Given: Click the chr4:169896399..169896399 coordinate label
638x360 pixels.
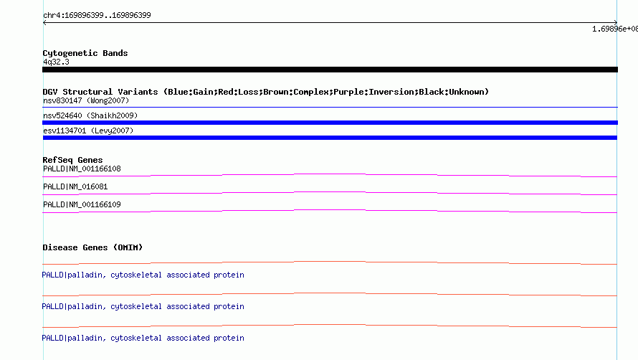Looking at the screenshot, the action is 97,16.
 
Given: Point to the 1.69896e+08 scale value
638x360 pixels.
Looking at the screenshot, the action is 615,29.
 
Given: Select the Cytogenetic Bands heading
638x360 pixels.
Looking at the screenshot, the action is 85,53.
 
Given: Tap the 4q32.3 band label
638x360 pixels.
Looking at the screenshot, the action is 56,62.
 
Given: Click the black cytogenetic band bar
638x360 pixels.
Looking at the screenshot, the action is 330,70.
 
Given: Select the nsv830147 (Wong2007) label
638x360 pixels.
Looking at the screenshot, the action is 86,100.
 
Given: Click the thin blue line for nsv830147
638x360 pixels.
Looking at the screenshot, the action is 330,107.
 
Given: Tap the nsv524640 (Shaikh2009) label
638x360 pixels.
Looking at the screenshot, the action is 90,115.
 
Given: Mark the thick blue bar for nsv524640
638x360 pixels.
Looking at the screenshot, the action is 330,123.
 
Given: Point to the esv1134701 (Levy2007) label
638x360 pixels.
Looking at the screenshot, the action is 88,131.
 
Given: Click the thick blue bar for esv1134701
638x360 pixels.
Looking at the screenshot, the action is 330,138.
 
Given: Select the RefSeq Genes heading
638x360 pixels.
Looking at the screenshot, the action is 73,160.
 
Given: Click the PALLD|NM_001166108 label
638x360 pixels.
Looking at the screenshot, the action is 82,169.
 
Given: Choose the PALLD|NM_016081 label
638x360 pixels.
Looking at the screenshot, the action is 75,186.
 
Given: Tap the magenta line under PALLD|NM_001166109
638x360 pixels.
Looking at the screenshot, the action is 330,211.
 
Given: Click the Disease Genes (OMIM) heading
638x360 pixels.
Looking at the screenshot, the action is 92,247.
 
